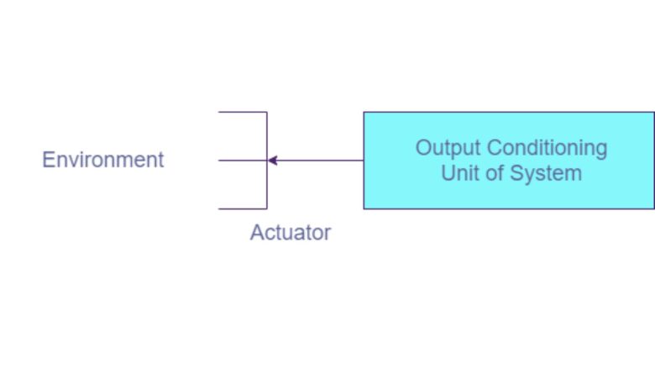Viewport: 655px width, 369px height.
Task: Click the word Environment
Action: pos(103,160)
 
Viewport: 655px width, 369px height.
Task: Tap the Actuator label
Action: pos(291,233)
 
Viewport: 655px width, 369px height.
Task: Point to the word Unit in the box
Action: pos(458,174)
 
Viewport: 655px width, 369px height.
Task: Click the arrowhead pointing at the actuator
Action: pos(272,161)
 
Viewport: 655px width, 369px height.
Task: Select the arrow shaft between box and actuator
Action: pos(319,161)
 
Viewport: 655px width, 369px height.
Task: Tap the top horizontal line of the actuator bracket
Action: pos(242,113)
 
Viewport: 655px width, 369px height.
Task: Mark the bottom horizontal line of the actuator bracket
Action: pos(242,208)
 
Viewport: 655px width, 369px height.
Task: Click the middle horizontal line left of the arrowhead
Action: pos(242,161)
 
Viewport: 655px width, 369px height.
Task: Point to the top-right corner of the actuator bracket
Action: pos(267,113)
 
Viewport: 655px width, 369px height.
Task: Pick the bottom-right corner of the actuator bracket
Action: pos(267,208)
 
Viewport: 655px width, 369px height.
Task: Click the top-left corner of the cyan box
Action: pos(364,113)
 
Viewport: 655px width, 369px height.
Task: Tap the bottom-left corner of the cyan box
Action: pos(364,208)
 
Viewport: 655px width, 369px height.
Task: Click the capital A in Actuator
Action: pos(257,233)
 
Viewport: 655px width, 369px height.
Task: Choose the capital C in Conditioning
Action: pos(495,148)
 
